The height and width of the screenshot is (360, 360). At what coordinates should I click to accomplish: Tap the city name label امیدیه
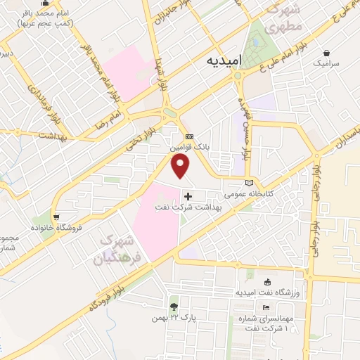pos(224,61)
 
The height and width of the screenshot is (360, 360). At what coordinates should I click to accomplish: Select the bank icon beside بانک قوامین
pos(188,136)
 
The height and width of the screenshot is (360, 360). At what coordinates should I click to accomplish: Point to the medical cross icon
pos(188,196)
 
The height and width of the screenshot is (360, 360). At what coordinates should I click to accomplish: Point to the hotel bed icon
pos(266,308)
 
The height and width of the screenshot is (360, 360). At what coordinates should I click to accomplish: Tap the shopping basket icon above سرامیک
pos(327,52)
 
